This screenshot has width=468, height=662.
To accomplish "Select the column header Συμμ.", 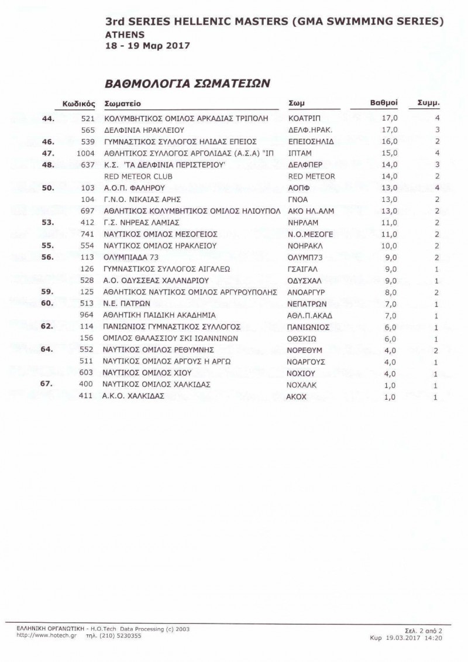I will pos(428,102).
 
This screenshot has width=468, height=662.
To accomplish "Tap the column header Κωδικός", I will pos(78,103).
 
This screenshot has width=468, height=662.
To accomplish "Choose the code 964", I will pos(88,315).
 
